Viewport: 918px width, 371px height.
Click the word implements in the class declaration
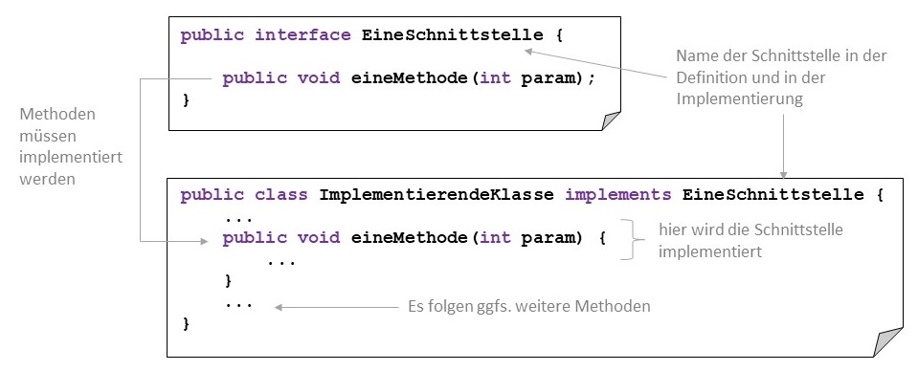pos(617,195)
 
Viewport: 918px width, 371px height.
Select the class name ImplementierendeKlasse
pos(436,195)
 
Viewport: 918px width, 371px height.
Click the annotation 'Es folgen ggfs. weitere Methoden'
pos(528,307)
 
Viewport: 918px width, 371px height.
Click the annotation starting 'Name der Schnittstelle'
pos(781,76)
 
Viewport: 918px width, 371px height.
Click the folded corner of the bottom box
pos(887,342)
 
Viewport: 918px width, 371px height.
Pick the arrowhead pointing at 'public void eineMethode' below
pos(203,243)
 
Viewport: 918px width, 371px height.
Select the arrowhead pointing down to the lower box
pos(784,173)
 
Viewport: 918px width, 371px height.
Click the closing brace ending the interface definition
pos(186,99)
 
